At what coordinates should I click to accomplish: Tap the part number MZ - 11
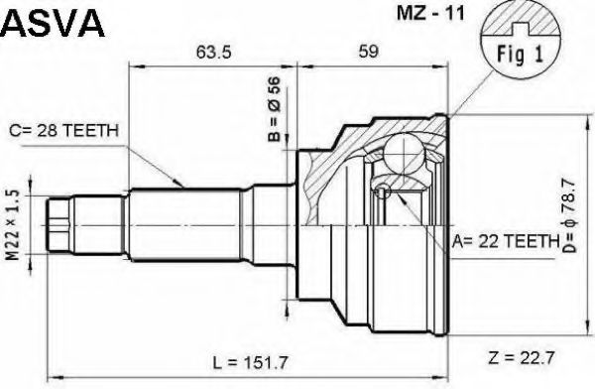coord(430,14)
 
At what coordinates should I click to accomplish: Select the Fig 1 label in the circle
coord(520,54)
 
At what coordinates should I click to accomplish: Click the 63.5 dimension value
coord(213,52)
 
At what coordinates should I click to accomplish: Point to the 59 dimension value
coord(367,51)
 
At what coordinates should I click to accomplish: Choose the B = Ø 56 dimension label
coord(274,109)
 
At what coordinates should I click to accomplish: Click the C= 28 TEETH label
coord(63,131)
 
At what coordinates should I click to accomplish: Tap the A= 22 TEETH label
coord(506,241)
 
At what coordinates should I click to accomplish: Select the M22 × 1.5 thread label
coord(13,225)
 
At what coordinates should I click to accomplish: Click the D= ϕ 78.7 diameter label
coord(569,215)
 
